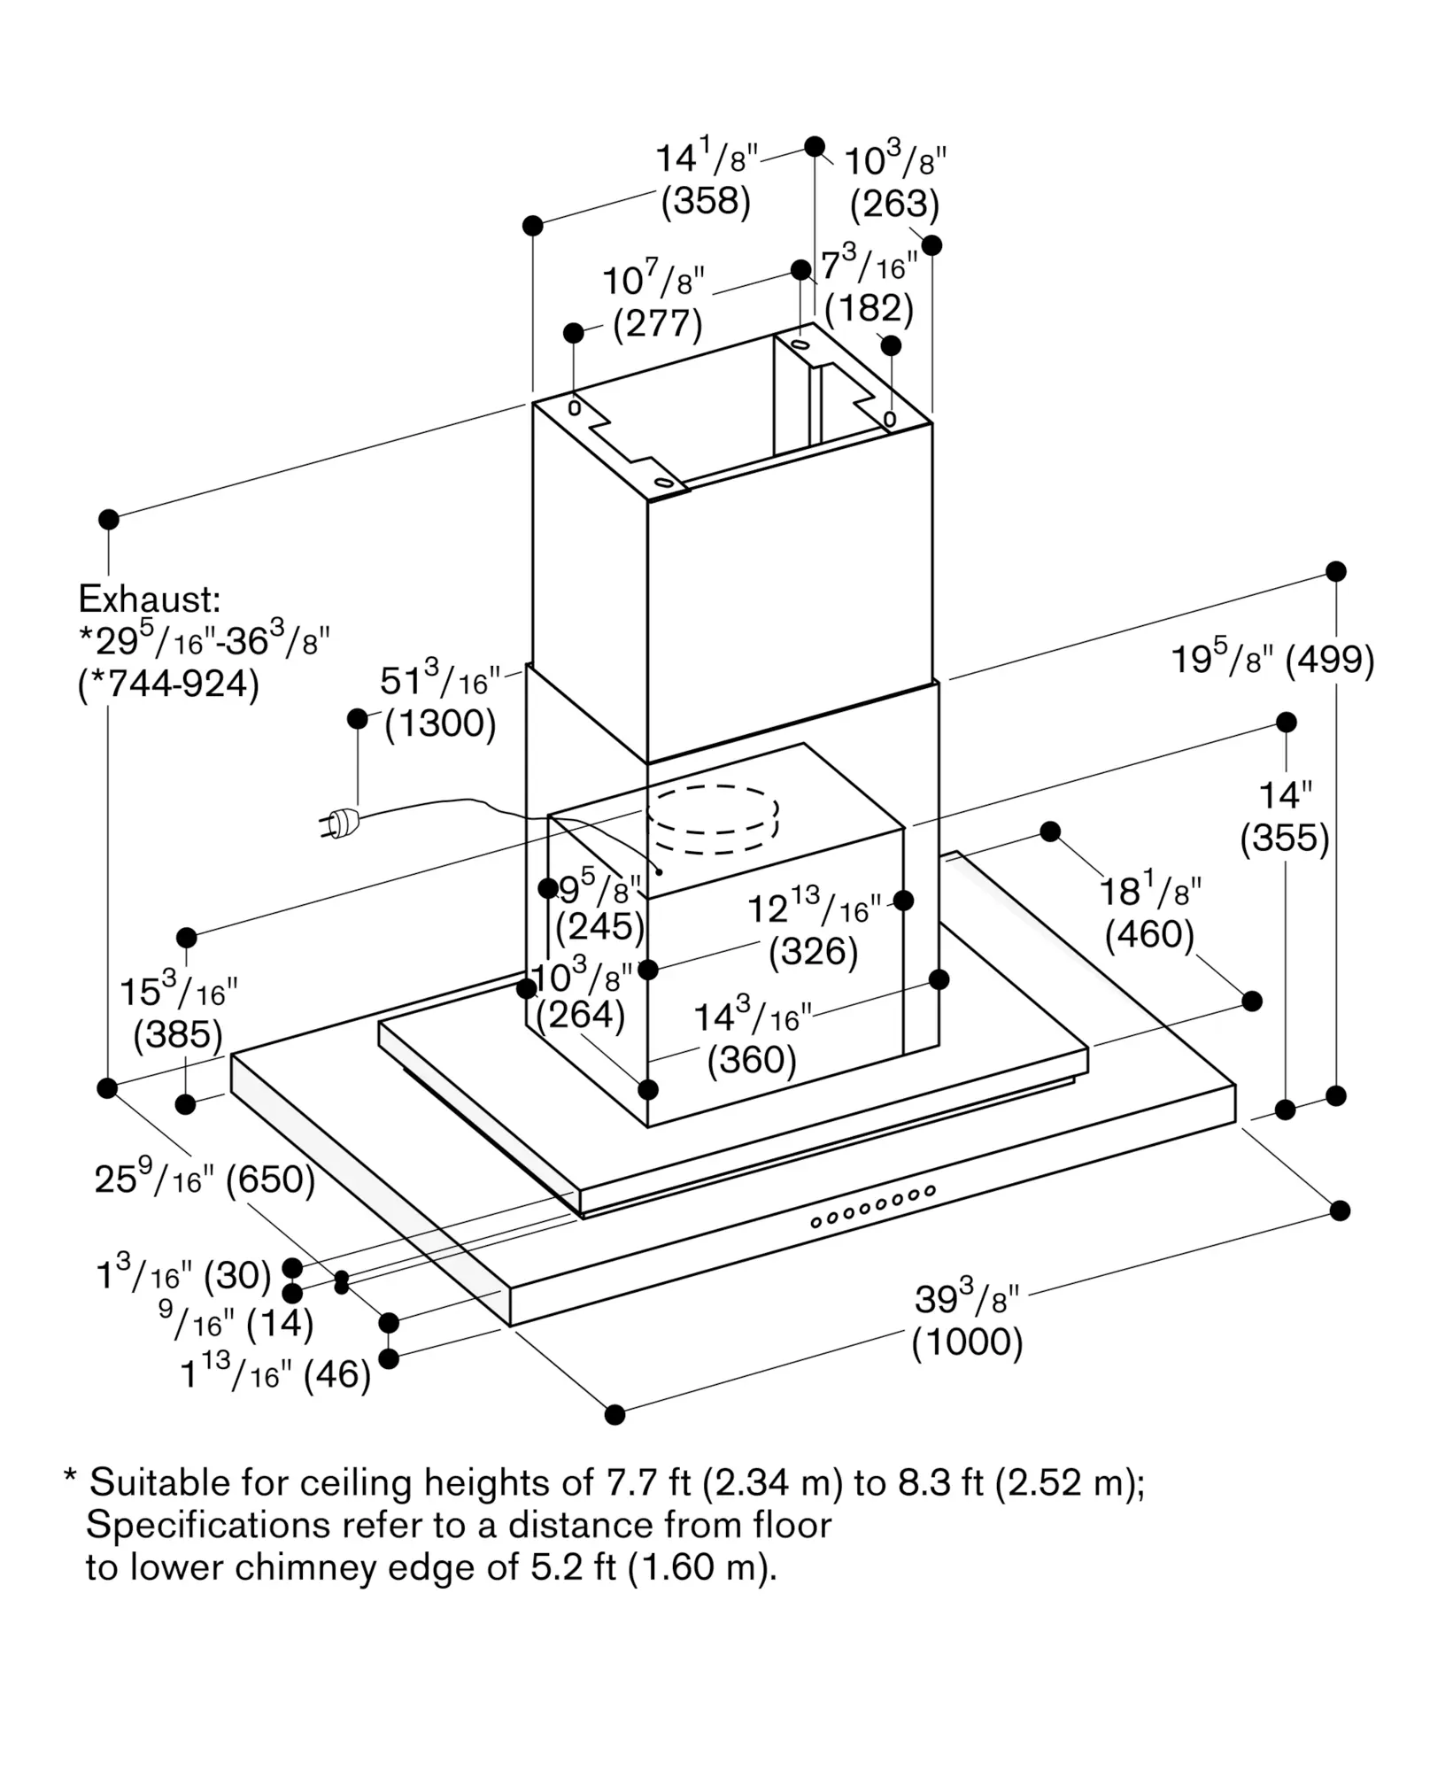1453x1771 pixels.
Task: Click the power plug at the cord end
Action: click(x=339, y=824)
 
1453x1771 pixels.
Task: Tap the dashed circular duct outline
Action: click(x=713, y=819)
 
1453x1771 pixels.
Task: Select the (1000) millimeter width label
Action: click(x=967, y=1342)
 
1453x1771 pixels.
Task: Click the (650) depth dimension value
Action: click(x=271, y=1179)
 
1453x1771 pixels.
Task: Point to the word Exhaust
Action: click(x=149, y=599)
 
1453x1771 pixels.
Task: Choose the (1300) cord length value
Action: click(x=440, y=723)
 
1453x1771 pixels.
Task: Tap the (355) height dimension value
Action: click(x=1285, y=838)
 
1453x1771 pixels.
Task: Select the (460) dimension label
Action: click(x=1149, y=934)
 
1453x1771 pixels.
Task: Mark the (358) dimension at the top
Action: click(x=706, y=201)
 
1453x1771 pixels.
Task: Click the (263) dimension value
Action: click(x=894, y=204)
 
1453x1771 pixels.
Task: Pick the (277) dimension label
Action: click(x=658, y=323)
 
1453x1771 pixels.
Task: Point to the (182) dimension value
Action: click(x=869, y=307)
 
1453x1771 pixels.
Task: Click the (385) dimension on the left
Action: click(x=178, y=1034)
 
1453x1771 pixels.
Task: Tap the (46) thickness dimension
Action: click(x=336, y=1375)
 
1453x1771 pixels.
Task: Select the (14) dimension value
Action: click(x=280, y=1324)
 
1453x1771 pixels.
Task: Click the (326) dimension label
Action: click(x=813, y=952)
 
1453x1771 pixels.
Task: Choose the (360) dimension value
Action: click(x=752, y=1059)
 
